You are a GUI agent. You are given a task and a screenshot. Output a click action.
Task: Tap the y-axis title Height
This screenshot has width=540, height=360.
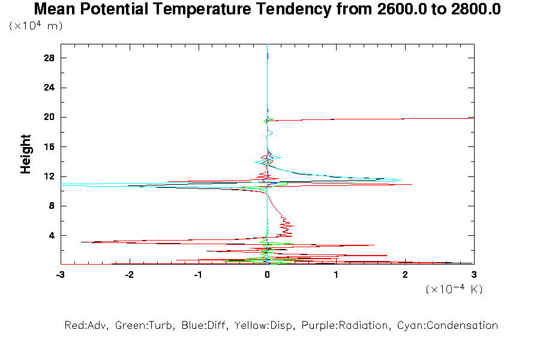tap(26, 154)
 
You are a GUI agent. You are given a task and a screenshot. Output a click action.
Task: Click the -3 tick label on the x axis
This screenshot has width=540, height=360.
tap(60, 275)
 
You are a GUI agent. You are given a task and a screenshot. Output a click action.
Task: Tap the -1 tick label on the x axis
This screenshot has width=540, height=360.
tap(198, 275)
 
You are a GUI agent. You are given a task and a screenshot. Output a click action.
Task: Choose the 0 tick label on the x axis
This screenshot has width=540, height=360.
tap(268, 275)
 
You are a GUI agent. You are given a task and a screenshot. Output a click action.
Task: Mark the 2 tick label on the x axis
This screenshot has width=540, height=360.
tap(405, 275)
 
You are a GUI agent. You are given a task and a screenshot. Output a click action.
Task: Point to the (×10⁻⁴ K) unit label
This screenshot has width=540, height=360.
tap(454, 289)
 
